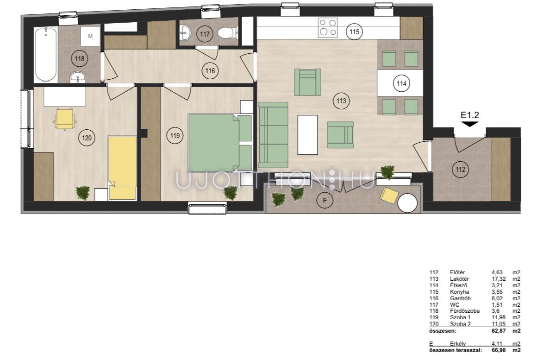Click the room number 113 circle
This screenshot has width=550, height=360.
coord(341,101)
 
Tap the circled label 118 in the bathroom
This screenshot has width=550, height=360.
coord(80,58)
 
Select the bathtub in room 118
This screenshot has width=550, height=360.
coord(46,55)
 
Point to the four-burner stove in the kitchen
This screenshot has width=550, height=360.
coord(328,28)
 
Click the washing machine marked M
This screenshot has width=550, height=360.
coord(90,36)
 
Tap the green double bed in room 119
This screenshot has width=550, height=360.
coord(220,142)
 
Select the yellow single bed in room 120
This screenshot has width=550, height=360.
coord(122,168)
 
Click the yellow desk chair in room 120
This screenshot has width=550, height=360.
coord(65,119)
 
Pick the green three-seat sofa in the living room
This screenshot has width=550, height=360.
coord(273,135)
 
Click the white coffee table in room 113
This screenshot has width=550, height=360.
coord(307,135)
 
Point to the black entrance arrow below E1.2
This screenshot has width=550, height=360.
coord(469,124)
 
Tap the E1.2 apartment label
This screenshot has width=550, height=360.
coord(469,115)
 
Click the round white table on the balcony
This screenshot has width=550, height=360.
coord(407,203)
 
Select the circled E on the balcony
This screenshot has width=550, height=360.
coord(325,201)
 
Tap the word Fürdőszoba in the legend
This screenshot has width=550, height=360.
coord(465,311)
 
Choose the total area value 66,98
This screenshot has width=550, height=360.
coord(499,350)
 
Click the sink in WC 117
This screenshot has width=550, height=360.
coord(185,33)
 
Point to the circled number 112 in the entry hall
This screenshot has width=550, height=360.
coord(460,170)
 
